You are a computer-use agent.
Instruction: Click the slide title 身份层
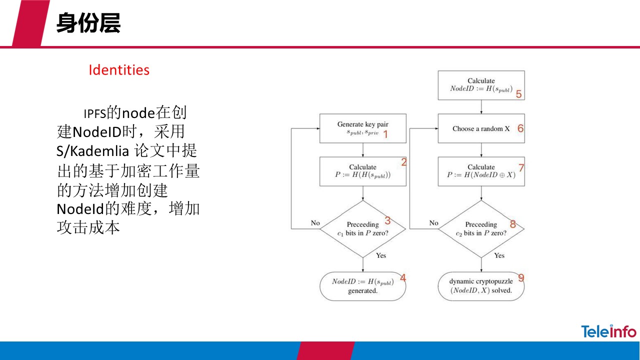pos(88,23)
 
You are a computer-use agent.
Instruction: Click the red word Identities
pos(119,70)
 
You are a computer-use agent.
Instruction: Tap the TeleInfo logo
pos(608,331)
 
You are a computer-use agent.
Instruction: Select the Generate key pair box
pos(362,128)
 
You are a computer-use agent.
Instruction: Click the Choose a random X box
pos(481,128)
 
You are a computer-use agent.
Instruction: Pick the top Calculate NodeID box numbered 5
pos(481,85)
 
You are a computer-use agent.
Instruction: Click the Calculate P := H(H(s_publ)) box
pos(362,171)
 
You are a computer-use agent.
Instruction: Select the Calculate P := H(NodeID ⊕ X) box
pos(481,171)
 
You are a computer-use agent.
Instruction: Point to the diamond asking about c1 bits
pos(362,229)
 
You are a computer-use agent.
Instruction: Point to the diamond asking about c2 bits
pos(481,229)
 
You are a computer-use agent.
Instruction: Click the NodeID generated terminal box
pos(362,286)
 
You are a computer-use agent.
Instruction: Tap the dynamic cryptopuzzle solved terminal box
pos(481,286)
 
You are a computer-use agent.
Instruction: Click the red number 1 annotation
pos(385,134)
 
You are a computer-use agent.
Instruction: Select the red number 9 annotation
pos(521,278)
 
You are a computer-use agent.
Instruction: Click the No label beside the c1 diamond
pos(315,223)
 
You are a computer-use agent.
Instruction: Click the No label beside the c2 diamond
pos(433,223)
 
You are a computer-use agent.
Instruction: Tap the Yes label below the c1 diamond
pos(381,255)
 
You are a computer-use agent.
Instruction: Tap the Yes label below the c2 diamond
pos(499,255)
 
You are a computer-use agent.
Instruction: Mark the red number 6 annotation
pos(520,128)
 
